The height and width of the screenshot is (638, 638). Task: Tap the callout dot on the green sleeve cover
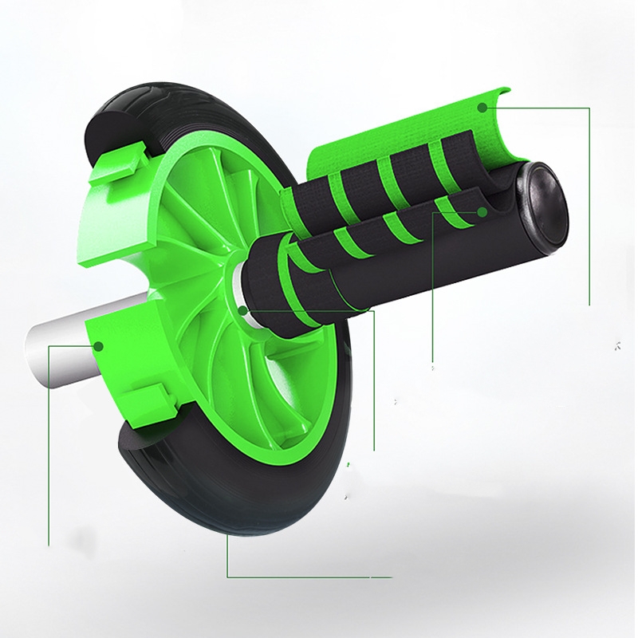[x=482, y=106]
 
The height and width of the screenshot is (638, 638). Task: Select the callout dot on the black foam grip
[x=482, y=212]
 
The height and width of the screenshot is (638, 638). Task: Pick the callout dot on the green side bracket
[x=100, y=345]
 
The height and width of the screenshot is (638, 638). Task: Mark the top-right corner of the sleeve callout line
[x=589, y=107]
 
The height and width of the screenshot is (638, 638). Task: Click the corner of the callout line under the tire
[x=228, y=576]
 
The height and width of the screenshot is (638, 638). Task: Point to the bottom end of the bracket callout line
[x=49, y=545]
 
